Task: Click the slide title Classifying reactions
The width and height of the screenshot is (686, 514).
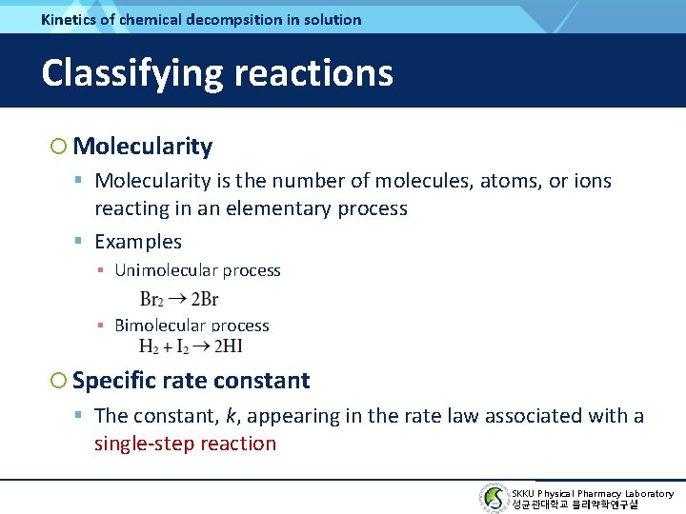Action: (217, 72)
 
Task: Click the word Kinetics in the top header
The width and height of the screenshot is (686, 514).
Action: (70, 19)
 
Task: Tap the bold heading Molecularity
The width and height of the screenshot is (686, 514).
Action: (142, 146)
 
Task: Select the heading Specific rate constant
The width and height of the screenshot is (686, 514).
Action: (191, 381)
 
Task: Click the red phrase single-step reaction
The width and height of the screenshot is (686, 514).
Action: (185, 444)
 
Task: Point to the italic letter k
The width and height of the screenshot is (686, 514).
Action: (231, 416)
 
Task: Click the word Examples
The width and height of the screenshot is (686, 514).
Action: (138, 242)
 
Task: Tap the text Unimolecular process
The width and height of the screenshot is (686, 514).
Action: (197, 270)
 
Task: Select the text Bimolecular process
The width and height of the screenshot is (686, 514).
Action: (192, 326)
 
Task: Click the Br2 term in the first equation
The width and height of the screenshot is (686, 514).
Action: (152, 299)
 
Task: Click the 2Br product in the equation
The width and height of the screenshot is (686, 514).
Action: (204, 299)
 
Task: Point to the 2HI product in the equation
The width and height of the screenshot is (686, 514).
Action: (229, 346)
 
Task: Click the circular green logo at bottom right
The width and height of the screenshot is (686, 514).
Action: (494, 498)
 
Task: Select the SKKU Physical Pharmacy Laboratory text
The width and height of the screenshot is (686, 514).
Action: (592, 493)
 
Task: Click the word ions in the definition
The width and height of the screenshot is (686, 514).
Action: (592, 181)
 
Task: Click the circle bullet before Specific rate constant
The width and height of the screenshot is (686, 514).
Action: (59, 382)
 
